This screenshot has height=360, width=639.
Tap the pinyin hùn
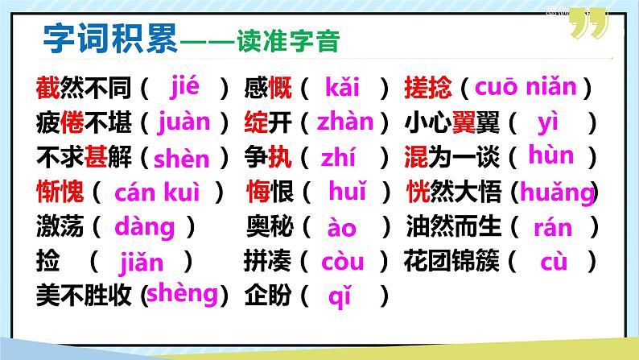551,155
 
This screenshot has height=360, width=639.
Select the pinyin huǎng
556,192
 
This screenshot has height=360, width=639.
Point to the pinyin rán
554,228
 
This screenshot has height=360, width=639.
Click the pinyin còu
342,262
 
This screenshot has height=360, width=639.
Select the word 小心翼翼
450,123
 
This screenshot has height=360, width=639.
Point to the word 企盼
267,296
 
